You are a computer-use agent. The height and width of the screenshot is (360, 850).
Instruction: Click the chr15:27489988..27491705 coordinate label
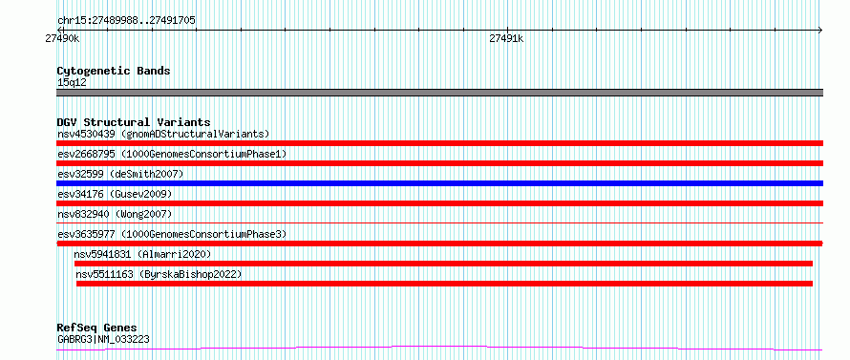click(126, 21)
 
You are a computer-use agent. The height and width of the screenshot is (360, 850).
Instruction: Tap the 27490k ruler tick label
click(62, 38)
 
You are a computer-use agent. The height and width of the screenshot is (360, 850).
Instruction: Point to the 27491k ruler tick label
click(506, 38)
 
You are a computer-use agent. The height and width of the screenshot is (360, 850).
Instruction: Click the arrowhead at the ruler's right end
click(820, 30)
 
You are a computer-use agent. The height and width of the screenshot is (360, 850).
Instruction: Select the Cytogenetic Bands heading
click(114, 71)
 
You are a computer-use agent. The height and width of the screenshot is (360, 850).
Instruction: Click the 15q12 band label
click(72, 83)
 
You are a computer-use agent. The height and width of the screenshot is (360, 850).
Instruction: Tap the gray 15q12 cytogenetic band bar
click(439, 93)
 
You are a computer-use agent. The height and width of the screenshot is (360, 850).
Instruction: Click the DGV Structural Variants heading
click(134, 122)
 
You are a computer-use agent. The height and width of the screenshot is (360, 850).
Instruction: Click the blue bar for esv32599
click(439, 183)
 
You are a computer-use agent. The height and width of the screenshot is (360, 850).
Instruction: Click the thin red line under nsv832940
click(439, 222)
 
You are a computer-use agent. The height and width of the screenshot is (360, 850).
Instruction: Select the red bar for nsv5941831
click(443, 264)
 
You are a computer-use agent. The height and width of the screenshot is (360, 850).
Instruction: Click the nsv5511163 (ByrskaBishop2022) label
click(159, 274)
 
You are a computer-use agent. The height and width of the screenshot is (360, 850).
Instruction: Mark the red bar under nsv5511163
click(444, 284)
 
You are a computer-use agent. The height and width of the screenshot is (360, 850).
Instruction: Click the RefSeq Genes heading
click(96, 328)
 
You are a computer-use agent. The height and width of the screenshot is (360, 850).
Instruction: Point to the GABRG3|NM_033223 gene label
click(103, 339)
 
